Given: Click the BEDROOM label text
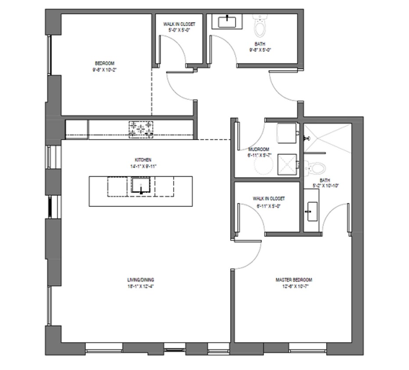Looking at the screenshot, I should [x=104, y=63].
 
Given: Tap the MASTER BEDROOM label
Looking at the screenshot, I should [x=294, y=280].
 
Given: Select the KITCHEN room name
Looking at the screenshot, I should [x=143, y=160].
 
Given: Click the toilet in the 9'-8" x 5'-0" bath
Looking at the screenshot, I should [x=260, y=28].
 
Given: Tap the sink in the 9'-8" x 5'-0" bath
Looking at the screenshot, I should [x=228, y=21].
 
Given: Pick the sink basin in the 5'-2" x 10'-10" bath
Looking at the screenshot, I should [x=312, y=211].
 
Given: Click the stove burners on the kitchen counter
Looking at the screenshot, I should [x=141, y=129].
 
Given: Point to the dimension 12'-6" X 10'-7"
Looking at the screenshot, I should [x=294, y=286].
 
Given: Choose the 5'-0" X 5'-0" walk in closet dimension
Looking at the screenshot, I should [x=179, y=31].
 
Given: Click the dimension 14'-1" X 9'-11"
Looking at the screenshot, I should [x=143, y=167].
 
